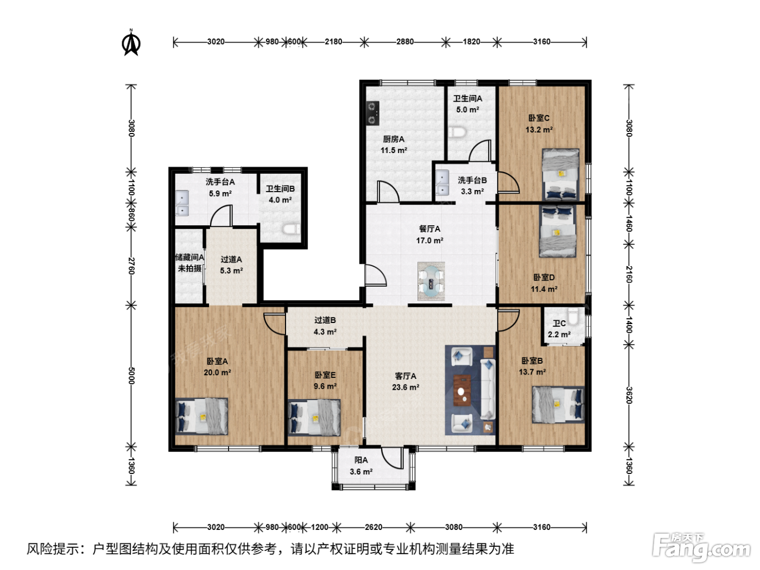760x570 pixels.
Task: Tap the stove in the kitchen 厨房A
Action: coord(372,113)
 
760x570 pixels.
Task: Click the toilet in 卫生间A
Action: coord(458,132)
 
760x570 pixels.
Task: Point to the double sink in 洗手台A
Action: coord(182,203)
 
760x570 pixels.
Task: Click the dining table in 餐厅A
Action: coord(430,281)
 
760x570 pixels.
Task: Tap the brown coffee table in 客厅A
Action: coord(462,390)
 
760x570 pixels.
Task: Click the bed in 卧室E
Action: coord(314,417)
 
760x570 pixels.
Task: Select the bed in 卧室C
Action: coord(561,174)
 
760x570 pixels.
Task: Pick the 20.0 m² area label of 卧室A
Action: coord(218,372)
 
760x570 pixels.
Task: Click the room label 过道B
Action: coord(325,320)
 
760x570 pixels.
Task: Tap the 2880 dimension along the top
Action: coord(405,42)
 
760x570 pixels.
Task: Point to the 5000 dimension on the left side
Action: coord(131,376)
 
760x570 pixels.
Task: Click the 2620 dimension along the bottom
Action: coord(373,527)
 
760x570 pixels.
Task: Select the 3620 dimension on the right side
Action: coord(629,395)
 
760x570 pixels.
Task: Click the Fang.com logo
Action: coord(701,547)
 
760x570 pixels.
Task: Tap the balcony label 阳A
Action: coord(361,460)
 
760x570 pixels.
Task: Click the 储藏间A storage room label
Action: coord(189,257)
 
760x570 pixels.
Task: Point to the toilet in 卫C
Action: coord(573,316)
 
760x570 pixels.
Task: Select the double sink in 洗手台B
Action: coord(442,182)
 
